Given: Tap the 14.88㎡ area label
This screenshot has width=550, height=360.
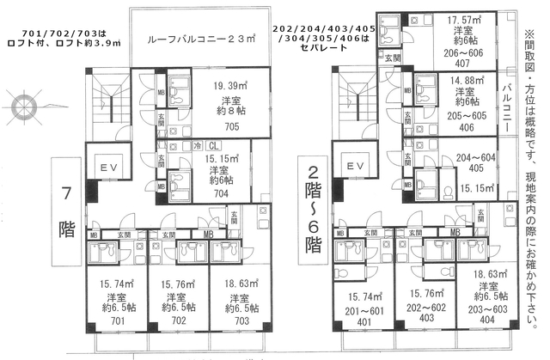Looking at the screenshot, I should coord(465,79).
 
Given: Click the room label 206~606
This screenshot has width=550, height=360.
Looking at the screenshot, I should coord(465,51).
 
